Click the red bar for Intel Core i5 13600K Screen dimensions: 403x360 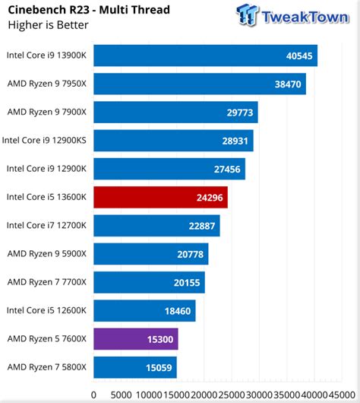point(160,197)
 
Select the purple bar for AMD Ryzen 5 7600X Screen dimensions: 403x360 point(135,339)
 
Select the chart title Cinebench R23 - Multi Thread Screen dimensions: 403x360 point(89,10)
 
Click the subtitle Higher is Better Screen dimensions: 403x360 point(48,24)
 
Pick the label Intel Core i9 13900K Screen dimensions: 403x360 point(46,55)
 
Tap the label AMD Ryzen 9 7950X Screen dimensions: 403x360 point(47,84)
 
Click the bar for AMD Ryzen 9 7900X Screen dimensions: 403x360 point(175,112)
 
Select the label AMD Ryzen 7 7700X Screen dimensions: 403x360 point(47,282)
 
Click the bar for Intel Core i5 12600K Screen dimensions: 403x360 point(144,311)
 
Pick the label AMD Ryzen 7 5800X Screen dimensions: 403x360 point(47,367)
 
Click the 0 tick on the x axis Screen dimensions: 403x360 point(93,395)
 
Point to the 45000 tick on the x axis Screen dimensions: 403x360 point(343,395)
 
